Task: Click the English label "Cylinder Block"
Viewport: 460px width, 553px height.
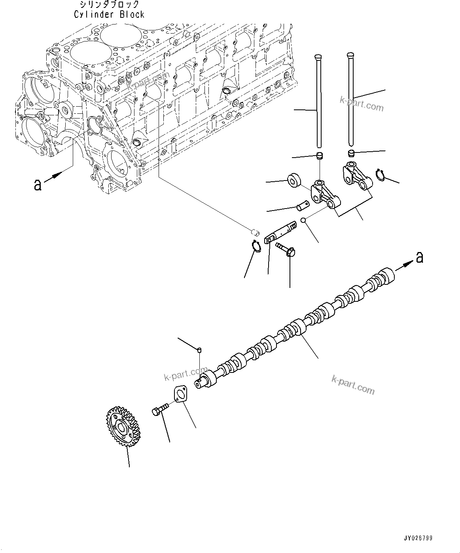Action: pyautogui.click(x=109, y=15)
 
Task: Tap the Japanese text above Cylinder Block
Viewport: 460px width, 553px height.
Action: pyautogui.click(x=109, y=5)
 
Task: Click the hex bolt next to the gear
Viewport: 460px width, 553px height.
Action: pyautogui.click(x=160, y=410)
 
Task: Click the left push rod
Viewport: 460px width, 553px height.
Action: pyautogui.click(x=318, y=103)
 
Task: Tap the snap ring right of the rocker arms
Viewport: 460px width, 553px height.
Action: pyautogui.click(x=380, y=174)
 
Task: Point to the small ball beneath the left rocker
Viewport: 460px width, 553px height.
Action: pyautogui.click(x=303, y=220)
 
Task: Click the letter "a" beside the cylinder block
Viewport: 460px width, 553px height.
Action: pyautogui.click(x=38, y=184)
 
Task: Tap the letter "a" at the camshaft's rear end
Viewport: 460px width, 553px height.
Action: pyautogui.click(x=419, y=258)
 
